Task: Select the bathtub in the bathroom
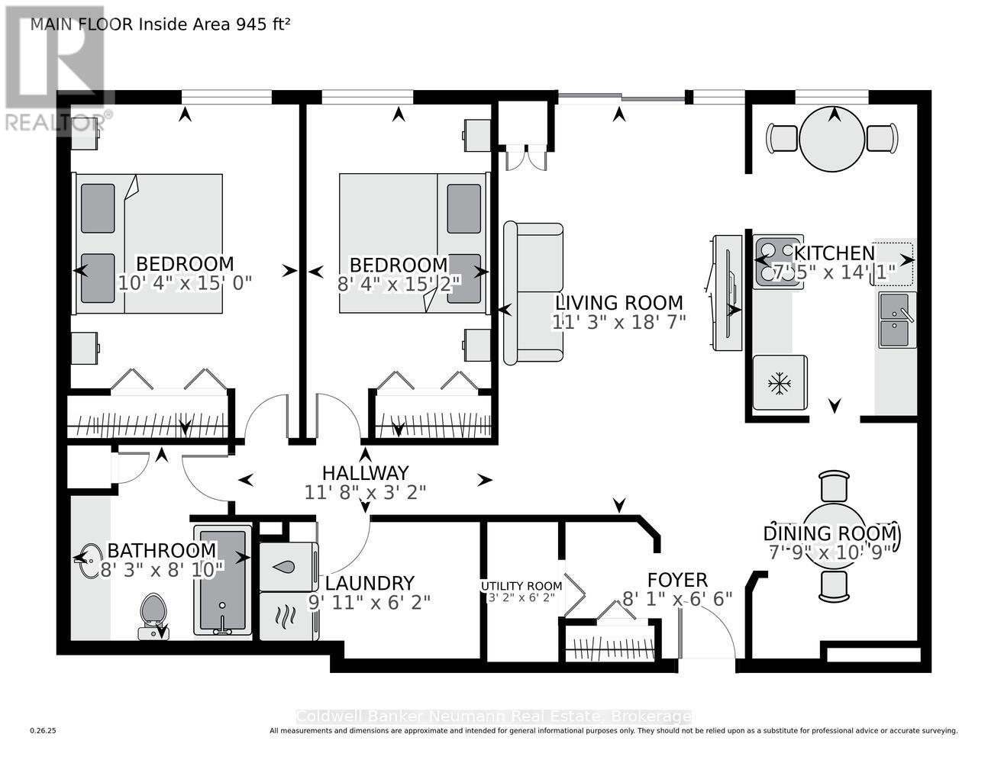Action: coord(222,581)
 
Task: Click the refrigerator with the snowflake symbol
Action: coord(780,383)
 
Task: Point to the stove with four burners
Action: coord(777,261)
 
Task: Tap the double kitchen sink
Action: coord(896,320)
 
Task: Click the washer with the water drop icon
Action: coord(288,567)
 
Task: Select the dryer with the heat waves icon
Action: coord(288,616)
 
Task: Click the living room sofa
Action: coord(533,293)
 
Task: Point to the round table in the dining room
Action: coord(834,534)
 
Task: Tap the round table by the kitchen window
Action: coord(832,139)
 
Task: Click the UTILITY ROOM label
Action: coord(521,586)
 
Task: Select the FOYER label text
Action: coord(677,580)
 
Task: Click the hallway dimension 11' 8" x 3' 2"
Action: coord(365,492)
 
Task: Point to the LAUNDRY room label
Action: coord(370,583)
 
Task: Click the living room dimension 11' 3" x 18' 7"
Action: coord(619,322)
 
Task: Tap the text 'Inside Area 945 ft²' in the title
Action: coord(215,24)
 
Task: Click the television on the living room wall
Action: coord(727,293)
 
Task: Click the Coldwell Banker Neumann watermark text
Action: coord(493,716)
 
